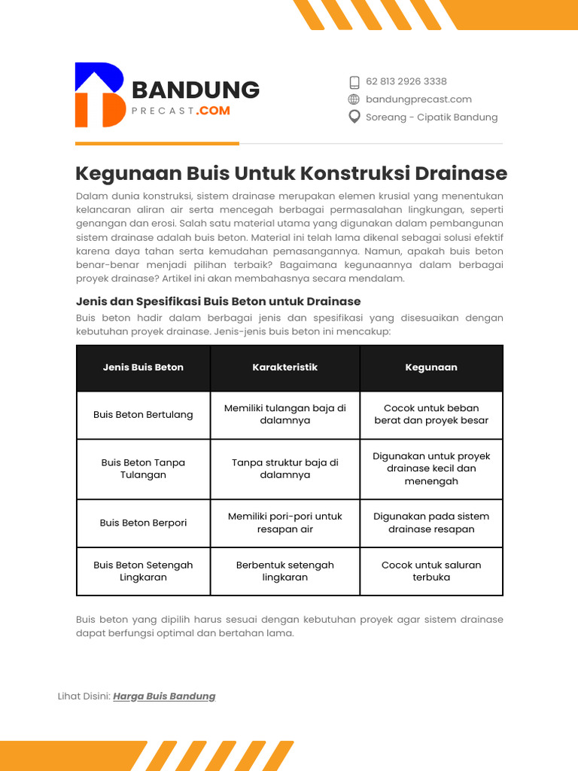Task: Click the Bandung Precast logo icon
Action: (x=100, y=95)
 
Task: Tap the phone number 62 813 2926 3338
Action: (x=406, y=81)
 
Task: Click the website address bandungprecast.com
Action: (x=418, y=99)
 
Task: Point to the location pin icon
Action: (x=354, y=117)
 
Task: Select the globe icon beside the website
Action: (x=354, y=99)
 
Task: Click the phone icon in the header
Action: (x=354, y=82)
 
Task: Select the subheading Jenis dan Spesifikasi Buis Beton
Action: (x=218, y=301)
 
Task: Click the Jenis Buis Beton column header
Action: (x=143, y=367)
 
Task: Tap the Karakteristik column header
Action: (x=284, y=367)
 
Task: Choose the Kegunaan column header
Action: (x=431, y=367)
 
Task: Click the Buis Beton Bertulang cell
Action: (x=143, y=415)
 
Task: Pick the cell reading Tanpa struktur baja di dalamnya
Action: (x=284, y=468)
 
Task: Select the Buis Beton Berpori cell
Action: (x=143, y=523)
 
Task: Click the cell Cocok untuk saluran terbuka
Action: (x=431, y=571)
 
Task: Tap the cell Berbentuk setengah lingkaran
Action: (x=284, y=571)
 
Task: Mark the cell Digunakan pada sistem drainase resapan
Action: (x=431, y=523)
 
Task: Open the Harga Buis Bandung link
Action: (x=164, y=696)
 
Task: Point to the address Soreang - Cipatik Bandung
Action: (x=431, y=117)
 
